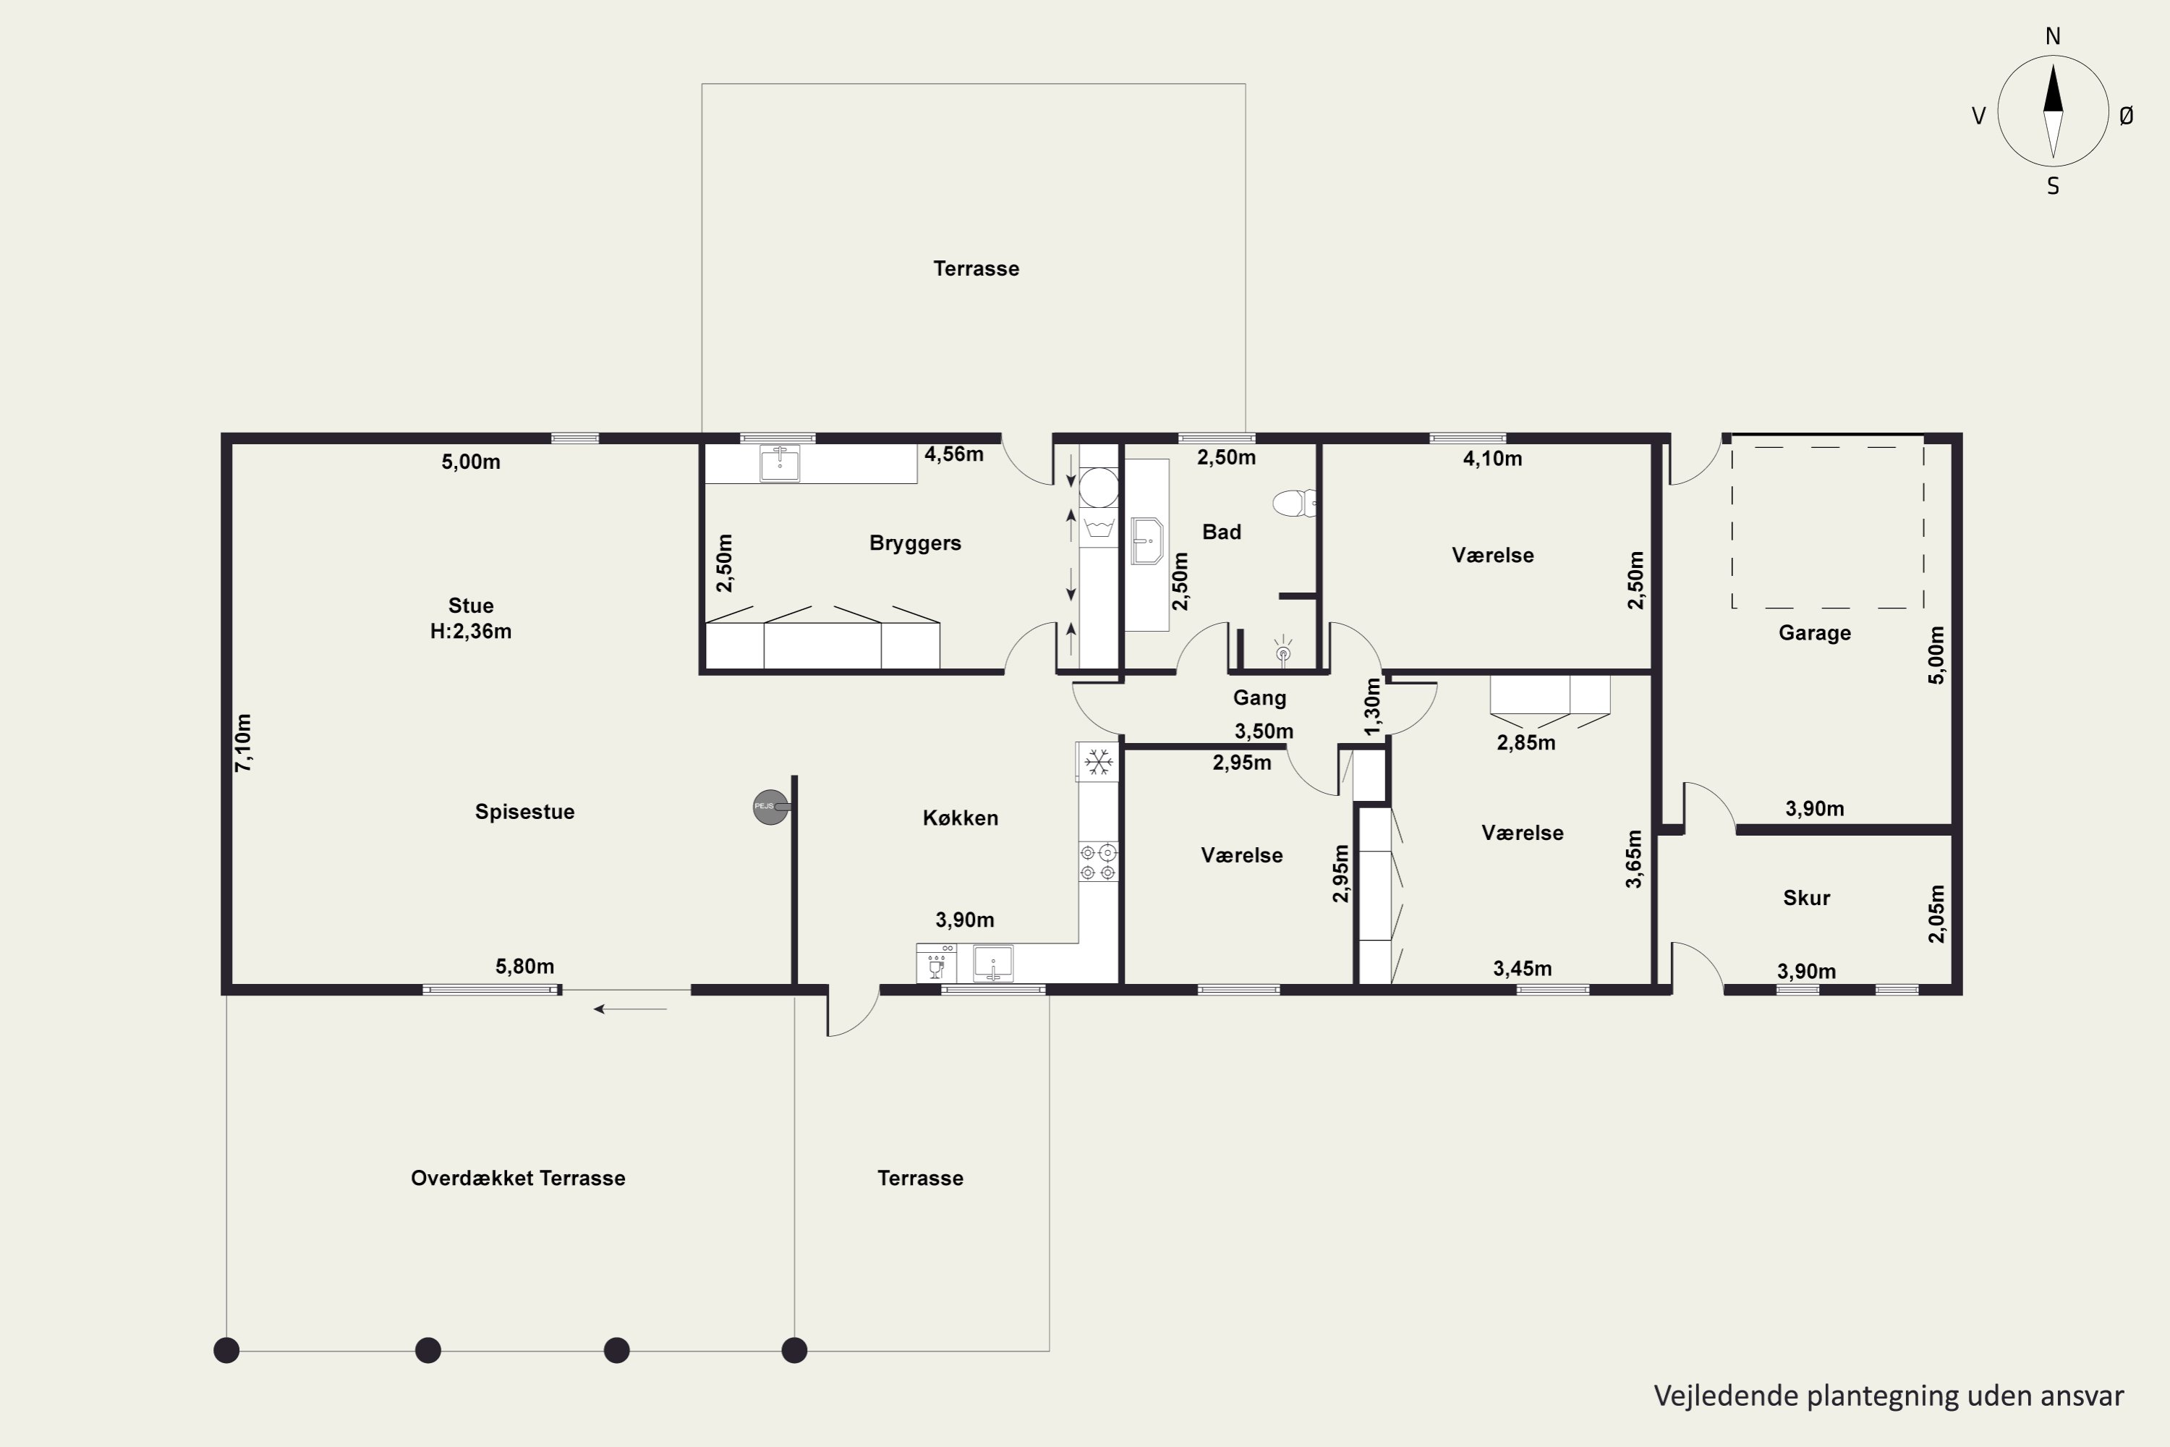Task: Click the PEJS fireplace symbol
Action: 771,807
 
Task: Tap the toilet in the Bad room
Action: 1295,503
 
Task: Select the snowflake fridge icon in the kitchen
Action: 1098,763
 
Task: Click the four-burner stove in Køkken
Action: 1098,862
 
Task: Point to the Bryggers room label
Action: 915,543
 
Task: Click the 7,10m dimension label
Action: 242,743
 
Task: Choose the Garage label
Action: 1815,633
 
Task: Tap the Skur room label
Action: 1806,897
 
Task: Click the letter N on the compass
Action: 2053,36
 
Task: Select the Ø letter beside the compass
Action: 2126,115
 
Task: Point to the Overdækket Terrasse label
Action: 518,1178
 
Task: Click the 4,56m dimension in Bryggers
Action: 954,454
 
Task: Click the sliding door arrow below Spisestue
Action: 630,1009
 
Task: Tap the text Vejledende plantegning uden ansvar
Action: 1889,1396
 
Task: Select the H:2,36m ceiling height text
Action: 471,631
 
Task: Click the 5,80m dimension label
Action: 525,966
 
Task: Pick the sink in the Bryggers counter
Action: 780,462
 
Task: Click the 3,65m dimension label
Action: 1634,860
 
